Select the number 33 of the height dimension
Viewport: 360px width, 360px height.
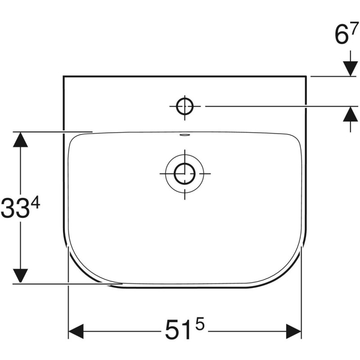click(15, 208)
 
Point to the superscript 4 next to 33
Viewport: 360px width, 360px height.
click(36, 203)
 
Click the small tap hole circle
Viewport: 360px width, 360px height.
click(184, 107)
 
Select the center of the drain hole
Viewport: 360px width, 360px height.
click(184, 173)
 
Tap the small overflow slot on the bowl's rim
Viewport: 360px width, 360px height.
click(184, 134)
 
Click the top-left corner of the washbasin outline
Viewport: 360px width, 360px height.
click(63, 76)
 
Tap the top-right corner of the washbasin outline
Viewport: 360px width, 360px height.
click(306, 76)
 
